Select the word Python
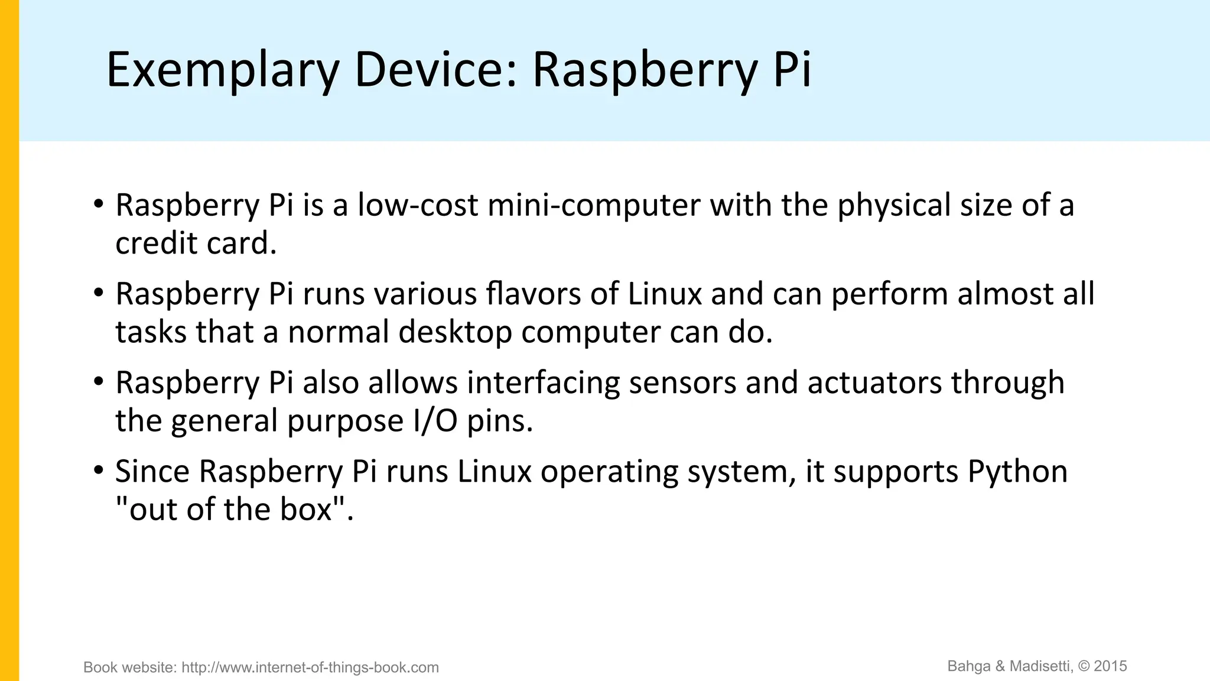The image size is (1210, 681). click(x=1017, y=472)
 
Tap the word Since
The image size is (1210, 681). click(x=152, y=472)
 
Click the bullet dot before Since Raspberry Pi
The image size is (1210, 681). click(x=98, y=471)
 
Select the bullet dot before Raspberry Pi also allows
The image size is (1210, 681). click(x=98, y=381)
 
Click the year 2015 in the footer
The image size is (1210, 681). click(x=1111, y=666)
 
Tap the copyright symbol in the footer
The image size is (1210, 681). click(x=1084, y=666)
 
